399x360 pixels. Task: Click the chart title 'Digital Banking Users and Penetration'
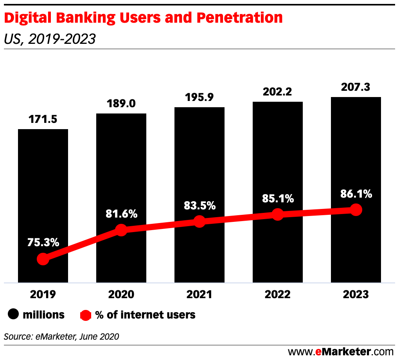point(143,18)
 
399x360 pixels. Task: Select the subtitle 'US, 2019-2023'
point(50,39)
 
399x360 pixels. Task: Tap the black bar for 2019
point(43,188)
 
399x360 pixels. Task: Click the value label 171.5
point(43,119)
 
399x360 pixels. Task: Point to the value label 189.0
point(121,104)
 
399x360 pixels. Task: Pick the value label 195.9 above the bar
point(199,97)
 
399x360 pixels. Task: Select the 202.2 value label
point(278,92)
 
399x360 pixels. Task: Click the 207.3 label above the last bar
point(356,87)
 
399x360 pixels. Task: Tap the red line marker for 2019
point(43,259)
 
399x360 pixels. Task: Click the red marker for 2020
point(121,230)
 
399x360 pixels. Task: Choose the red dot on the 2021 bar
point(199,221)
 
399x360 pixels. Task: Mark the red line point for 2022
point(278,214)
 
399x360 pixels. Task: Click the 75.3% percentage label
point(43,242)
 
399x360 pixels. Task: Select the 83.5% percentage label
point(199,205)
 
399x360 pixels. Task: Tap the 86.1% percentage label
point(356,194)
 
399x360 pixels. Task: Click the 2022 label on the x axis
point(278,294)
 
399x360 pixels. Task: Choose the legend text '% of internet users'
point(145,315)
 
